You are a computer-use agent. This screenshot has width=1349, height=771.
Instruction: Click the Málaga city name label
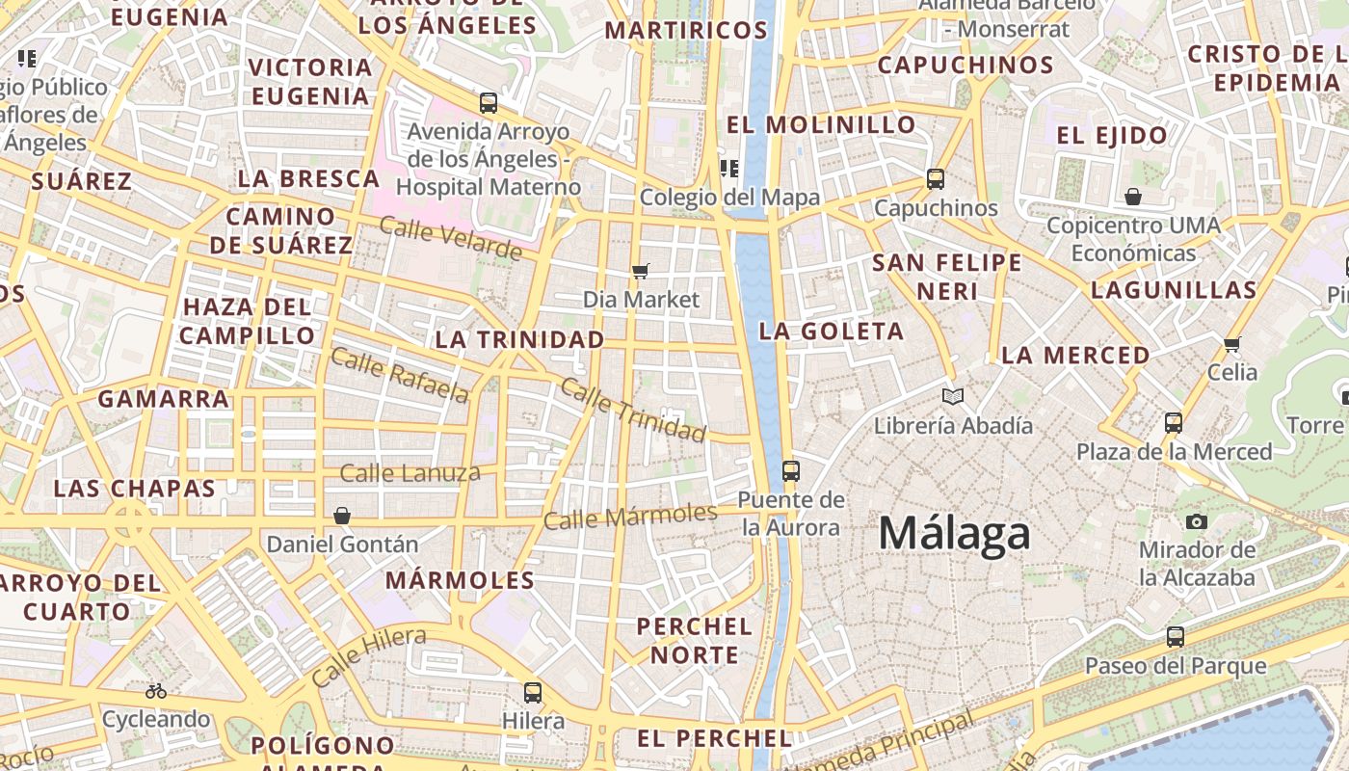click(x=954, y=533)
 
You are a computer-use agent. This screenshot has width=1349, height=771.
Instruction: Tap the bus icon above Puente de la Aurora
click(x=791, y=471)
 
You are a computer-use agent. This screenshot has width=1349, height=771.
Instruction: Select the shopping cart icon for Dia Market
click(x=641, y=272)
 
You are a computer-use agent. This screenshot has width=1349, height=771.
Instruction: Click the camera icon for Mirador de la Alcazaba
click(x=1197, y=521)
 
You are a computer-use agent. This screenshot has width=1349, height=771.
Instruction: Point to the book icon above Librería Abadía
click(x=953, y=396)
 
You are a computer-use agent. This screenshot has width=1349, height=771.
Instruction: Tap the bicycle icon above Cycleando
click(x=156, y=691)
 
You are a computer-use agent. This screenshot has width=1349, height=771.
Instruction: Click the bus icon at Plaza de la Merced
click(x=1174, y=422)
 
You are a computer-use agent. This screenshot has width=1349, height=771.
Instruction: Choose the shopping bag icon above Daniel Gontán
click(x=342, y=516)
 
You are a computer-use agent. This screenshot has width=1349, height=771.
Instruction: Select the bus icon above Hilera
click(x=533, y=692)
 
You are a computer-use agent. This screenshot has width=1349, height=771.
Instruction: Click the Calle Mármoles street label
click(x=630, y=516)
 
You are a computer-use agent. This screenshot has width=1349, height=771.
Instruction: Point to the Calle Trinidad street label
click(x=632, y=410)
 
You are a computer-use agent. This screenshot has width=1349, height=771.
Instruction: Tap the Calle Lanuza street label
click(x=410, y=472)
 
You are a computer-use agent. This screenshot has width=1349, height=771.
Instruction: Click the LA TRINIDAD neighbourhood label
click(x=519, y=339)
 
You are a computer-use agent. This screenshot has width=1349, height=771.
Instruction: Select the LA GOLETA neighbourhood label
click(x=831, y=332)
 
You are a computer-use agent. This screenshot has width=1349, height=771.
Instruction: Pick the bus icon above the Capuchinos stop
click(x=935, y=179)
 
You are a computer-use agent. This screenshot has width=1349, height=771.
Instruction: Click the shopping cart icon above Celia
click(x=1231, y=344)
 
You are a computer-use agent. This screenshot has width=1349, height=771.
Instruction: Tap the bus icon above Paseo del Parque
click(x=1176, y=637)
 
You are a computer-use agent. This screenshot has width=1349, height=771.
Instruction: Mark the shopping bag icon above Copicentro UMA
click(x=1133, y=198)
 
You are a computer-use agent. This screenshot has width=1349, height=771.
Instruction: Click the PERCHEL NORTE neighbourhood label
click(x=694, y=640)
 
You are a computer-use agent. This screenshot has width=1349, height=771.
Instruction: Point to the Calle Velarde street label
click(x=449, y=238)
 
